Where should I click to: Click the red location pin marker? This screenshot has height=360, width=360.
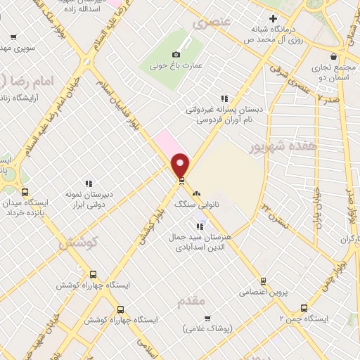pos(181,165)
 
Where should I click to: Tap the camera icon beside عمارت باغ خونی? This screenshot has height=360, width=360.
pos(176,54)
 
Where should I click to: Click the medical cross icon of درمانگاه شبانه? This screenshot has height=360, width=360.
pos(274,18)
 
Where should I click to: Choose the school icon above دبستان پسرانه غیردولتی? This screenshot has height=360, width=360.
pos(224,98)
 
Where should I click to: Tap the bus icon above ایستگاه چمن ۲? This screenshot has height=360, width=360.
pos(304,307)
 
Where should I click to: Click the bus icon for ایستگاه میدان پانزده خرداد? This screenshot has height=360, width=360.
pos(25,192)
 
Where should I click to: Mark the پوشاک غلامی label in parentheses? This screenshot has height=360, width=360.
pos(210,328)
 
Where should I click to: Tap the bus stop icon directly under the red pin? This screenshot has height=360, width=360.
pos(181,180)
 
